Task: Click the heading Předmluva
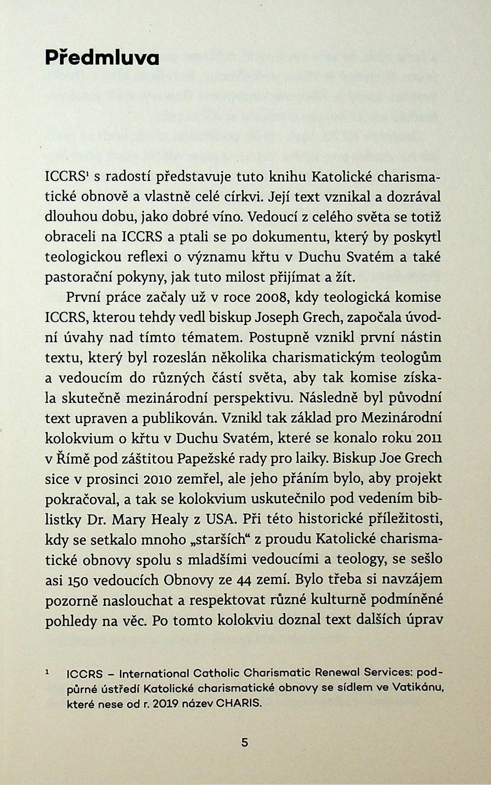click(102, 58)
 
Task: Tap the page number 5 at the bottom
click(245, 742)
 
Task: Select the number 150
click(78, 580)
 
